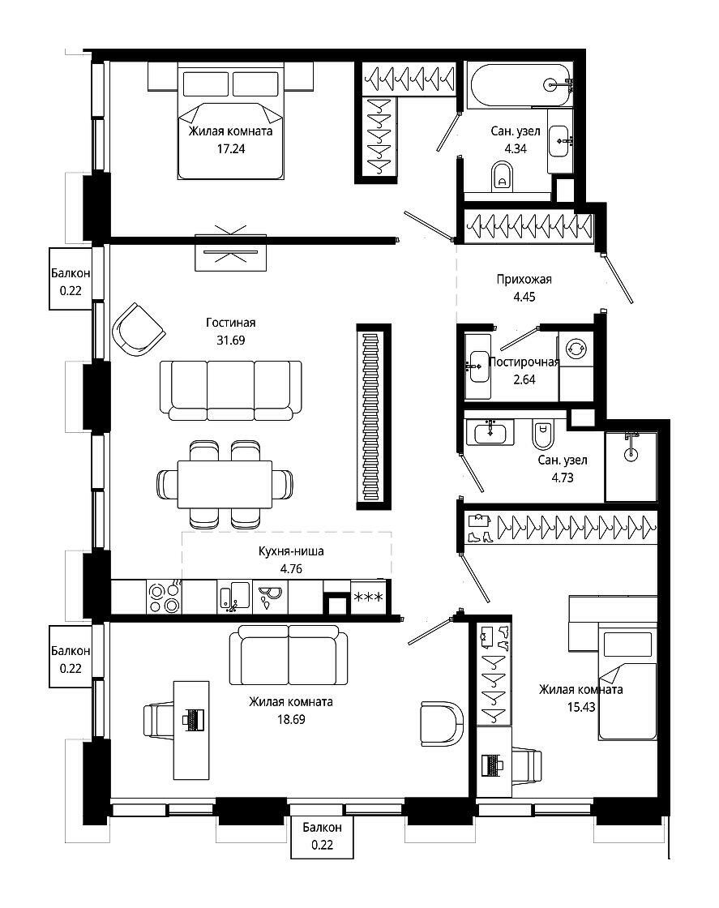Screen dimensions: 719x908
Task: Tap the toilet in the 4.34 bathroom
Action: tap(502, 175)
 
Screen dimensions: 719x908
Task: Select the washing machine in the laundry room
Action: tap(576, 349)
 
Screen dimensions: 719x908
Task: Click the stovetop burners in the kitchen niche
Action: tap(164, 597)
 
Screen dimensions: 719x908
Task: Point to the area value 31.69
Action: tap(230, 340)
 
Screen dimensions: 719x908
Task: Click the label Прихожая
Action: tap(524, 279)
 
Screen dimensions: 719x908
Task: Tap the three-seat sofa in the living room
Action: tap(230, 390)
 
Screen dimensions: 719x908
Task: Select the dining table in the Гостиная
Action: tap(225, 483)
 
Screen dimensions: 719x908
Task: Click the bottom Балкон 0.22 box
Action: tap(322, 837)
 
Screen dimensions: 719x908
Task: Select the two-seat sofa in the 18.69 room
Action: tap(289, 654)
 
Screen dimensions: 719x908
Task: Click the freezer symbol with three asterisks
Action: tap(368, 597)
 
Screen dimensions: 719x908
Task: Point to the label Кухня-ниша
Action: tap(291, 551)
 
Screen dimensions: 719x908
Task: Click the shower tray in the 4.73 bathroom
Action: tap(631, 466)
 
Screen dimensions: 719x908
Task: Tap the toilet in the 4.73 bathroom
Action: tap(543, 435)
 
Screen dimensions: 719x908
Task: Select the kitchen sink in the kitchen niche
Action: tap(234, 597)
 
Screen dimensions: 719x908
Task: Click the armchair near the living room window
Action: tap(139, 329)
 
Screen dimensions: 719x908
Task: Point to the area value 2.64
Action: tap(524, 380)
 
